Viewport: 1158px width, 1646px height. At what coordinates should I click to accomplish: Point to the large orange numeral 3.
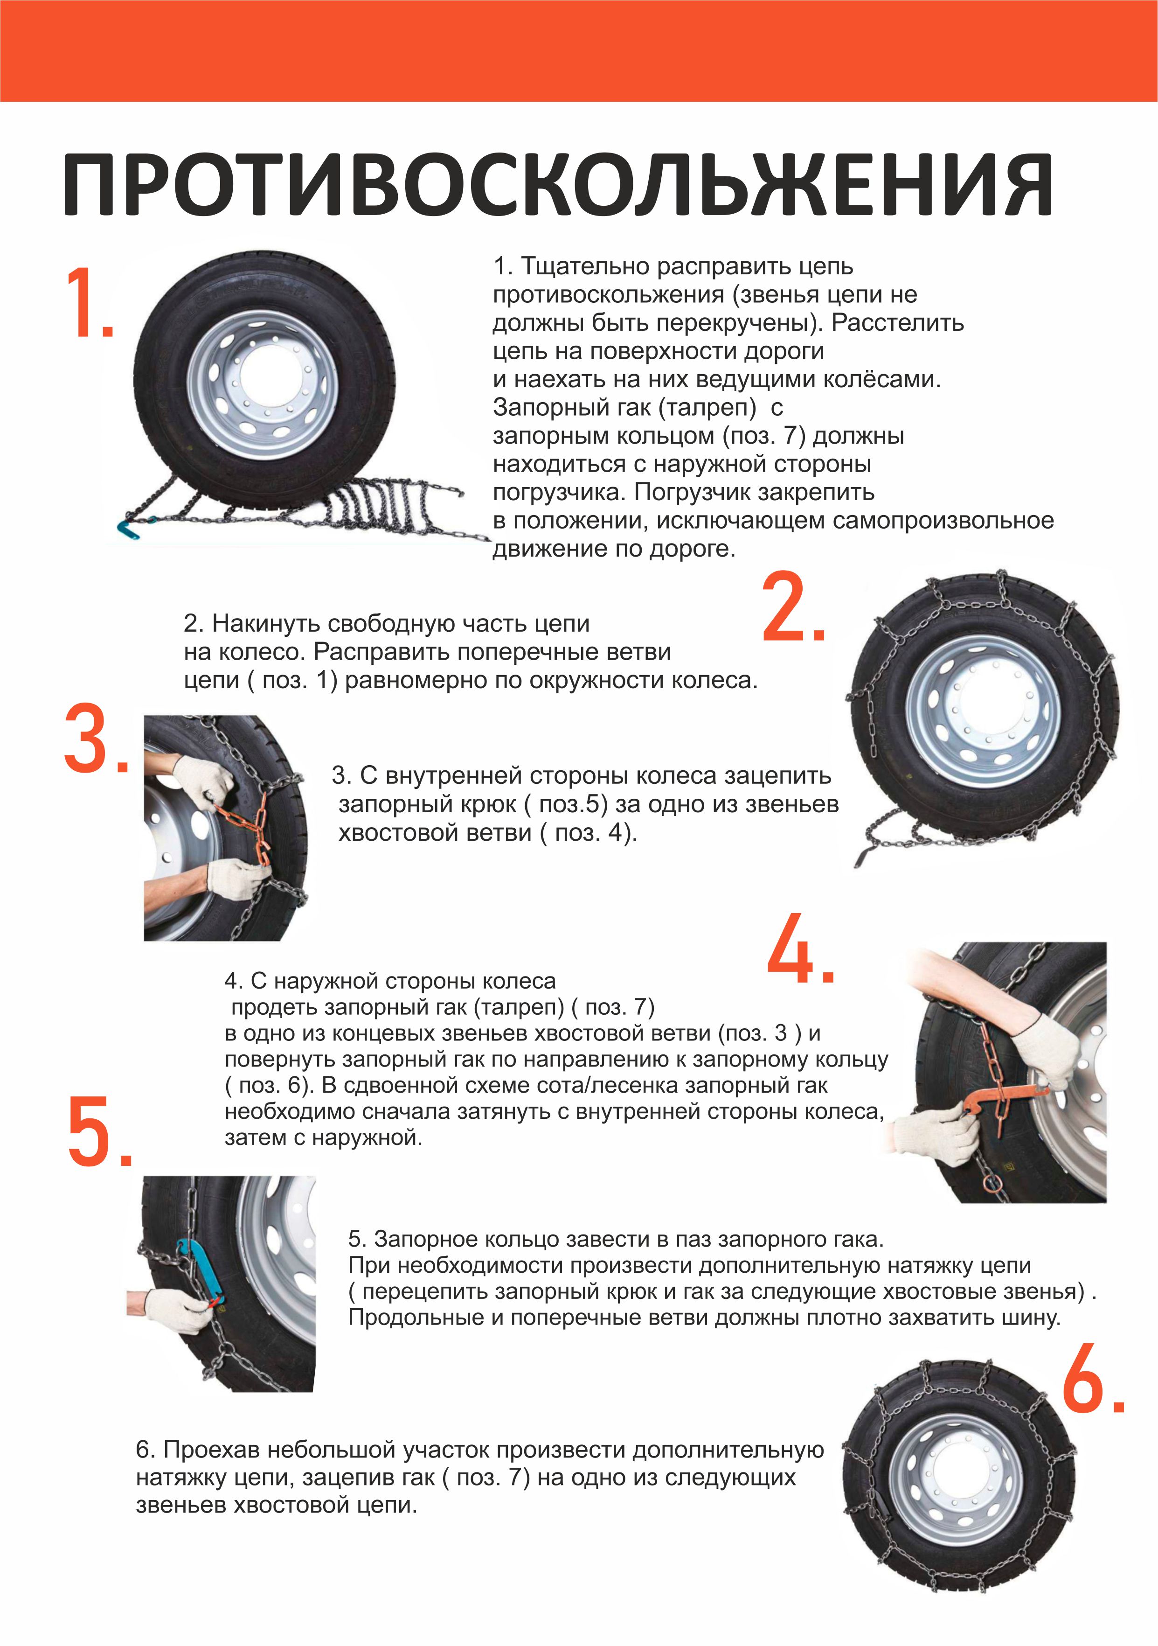coord(95,739)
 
